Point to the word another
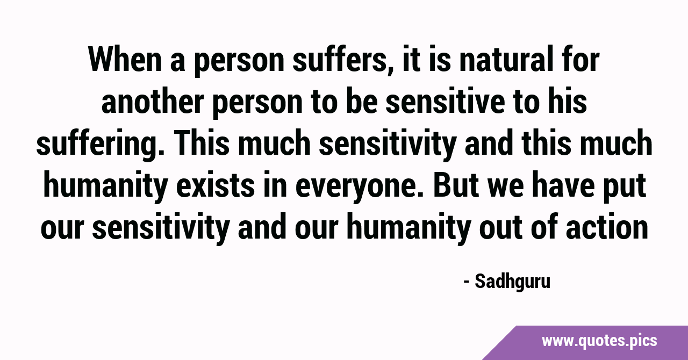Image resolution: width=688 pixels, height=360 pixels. point(153,102)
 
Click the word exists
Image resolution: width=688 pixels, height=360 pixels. point(216,185)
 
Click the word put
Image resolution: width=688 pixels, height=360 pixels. point(625,186)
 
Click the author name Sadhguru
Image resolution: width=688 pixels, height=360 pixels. point(513,282)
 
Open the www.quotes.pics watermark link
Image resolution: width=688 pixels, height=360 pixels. point(599,341)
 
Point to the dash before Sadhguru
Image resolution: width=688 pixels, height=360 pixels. point(467,283)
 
